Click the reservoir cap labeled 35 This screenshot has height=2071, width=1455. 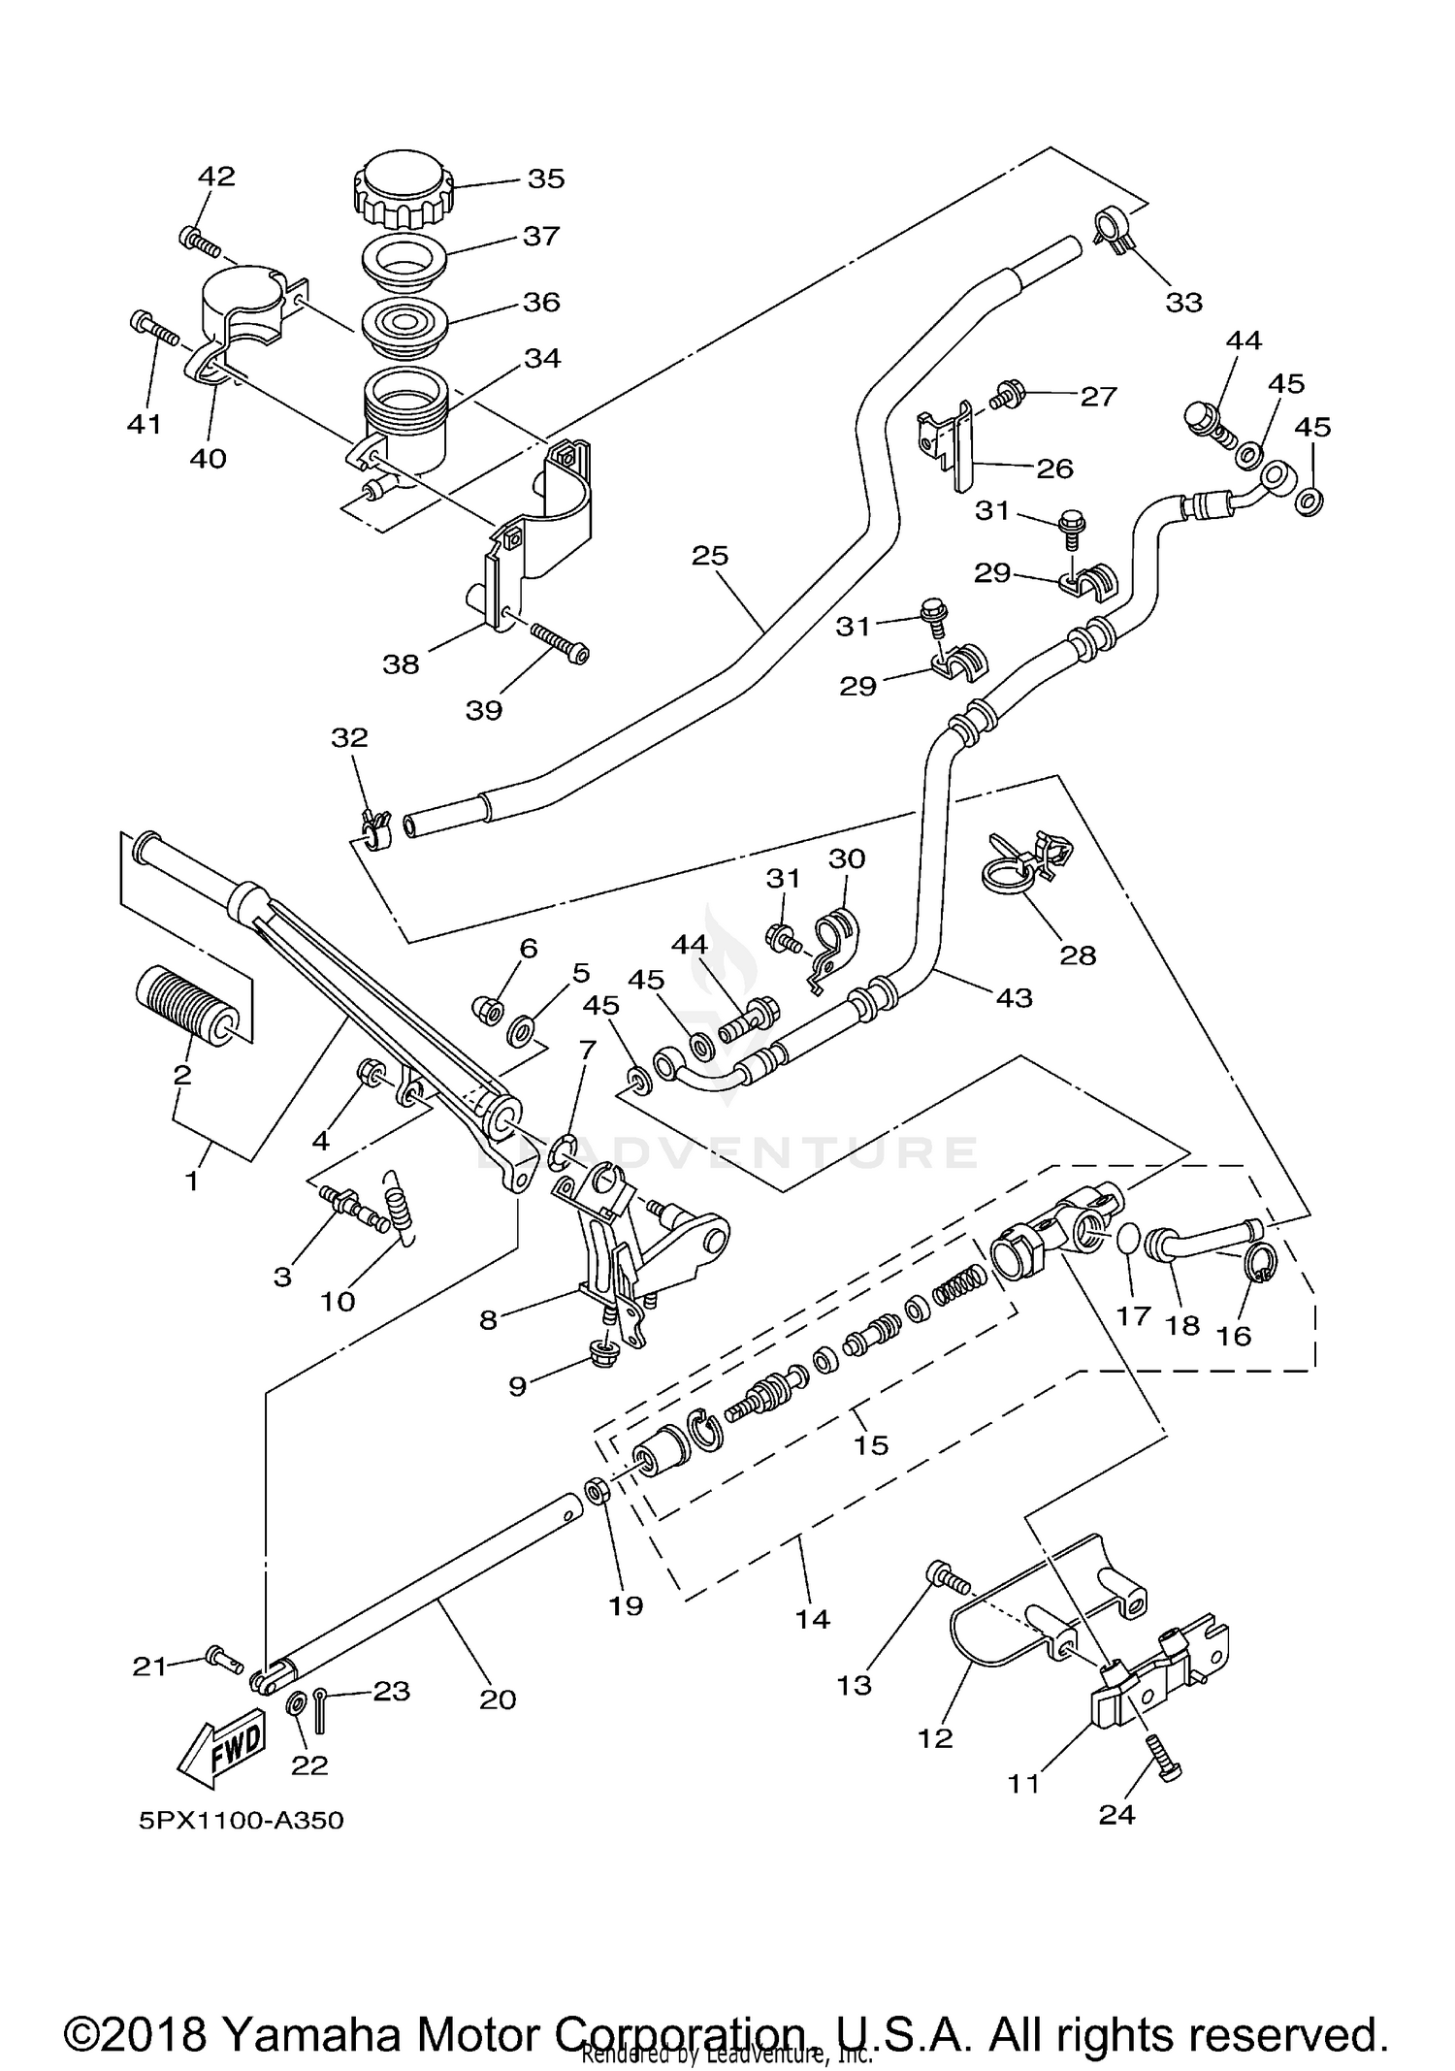(x=403, y=186)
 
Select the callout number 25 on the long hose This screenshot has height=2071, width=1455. (x=709, y=556)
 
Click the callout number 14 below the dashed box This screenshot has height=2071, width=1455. (x=812, y=1618)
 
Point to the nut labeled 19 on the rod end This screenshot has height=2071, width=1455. (x=597, y=1489)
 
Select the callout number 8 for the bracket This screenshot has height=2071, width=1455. (x=488, y=1319)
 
